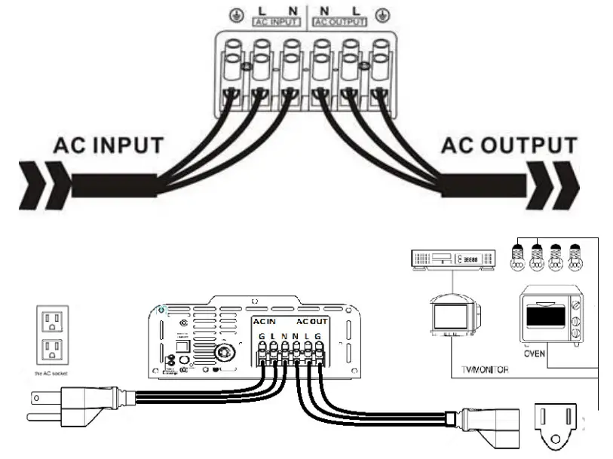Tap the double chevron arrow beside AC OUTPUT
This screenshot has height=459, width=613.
coord(559,184)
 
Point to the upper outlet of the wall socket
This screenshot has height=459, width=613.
coord(53,323)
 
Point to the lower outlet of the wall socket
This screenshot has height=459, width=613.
coord(53,349)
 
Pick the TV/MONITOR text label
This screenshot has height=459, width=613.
coord(484,369)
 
